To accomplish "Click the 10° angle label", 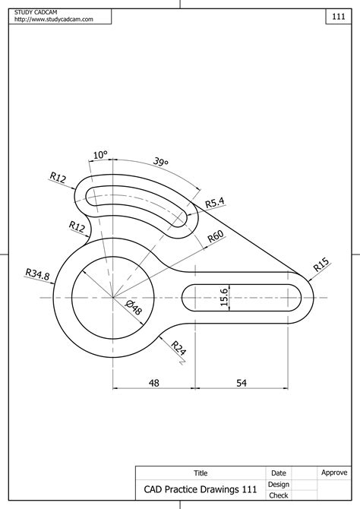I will (x=100, y=155).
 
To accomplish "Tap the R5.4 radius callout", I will (x=215, y=202).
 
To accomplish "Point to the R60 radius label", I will (x=215, y=238).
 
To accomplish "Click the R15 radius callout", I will (x=321, y=265).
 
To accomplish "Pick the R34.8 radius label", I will (x=37, y=274).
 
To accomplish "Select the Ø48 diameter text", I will (x=133, y=308).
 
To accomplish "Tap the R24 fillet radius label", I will (x=178, y=349).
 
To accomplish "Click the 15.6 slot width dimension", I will (x=224, y=298).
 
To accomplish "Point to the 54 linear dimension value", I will (x=242, y=384).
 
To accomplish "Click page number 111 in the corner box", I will (x=339, y=16).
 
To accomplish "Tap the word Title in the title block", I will (x=201, y=473).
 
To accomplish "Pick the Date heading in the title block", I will (x=279, y=473).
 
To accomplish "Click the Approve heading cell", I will (x=334, y=473).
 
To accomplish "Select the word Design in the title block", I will (x=279, y=484).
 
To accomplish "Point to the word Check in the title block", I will (x=279, y=495).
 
